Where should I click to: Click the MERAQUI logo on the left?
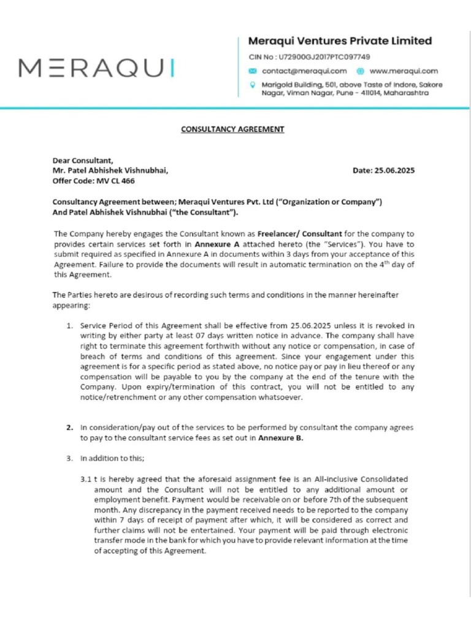pos(96,67)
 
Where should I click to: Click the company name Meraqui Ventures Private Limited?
pos(340,41)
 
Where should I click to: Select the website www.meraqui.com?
pos(404,71)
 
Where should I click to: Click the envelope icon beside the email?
pos(251,71)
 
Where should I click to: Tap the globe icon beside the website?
pos(361,71)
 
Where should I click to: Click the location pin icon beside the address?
pos(251,85)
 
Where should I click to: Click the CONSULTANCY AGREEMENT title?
pos(232,129)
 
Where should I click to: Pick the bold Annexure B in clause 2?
pos(280,438)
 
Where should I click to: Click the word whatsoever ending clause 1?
pos(280,397)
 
